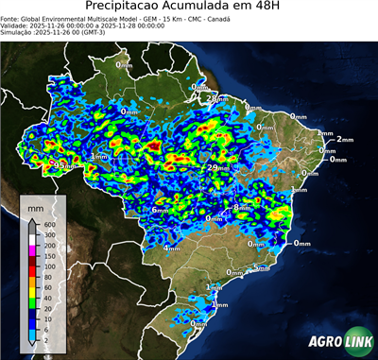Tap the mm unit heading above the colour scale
[x=36, y=204]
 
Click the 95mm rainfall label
[x=63, y=164]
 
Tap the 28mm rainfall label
[x=216, y=98]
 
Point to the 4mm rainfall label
[x=172, y=248]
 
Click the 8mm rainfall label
[x=243, y=207]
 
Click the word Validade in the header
[x=16, y=26]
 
